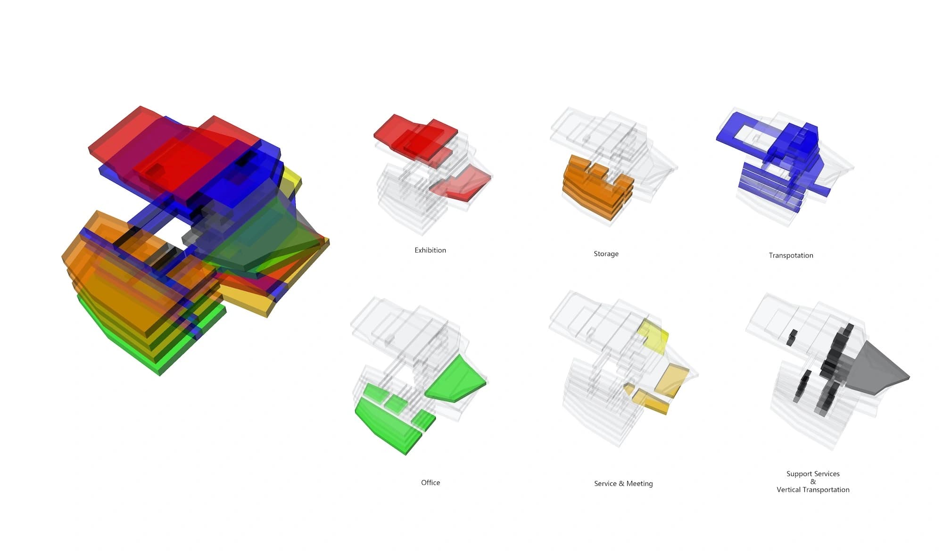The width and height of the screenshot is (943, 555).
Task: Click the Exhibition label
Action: point(430,250)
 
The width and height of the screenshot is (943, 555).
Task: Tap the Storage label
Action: point(606,254)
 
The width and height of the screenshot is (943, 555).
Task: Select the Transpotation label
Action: point(791,256)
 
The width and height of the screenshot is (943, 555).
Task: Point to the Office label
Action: point(430,482)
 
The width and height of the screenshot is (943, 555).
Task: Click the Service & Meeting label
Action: point(623,483)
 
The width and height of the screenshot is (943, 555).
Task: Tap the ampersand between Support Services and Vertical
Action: point(813,481)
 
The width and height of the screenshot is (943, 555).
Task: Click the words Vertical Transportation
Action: point(813,489)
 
